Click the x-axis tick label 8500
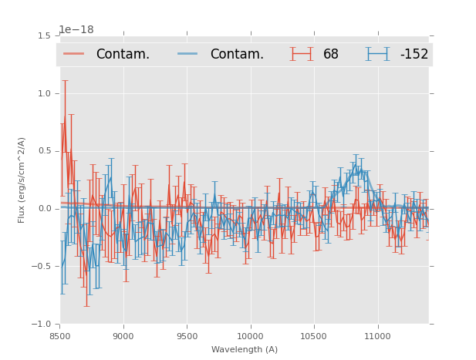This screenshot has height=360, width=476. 59,336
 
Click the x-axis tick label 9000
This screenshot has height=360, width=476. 123,336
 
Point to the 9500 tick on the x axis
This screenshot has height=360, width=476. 187,336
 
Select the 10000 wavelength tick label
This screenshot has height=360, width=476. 250,336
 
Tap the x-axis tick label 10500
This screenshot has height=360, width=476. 313,336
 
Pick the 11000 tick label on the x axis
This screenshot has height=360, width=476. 377,336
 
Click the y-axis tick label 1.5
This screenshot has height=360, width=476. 44,35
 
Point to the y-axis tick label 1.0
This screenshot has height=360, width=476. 44,93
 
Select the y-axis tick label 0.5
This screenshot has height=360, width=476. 44,151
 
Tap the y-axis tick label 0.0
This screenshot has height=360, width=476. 44,209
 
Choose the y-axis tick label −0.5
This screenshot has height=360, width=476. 42,267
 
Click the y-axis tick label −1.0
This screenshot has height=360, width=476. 42,325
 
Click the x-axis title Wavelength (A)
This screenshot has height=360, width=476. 245,349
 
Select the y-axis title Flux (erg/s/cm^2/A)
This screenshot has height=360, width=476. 22,180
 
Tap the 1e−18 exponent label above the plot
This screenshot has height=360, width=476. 76,30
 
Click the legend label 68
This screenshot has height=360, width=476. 331,55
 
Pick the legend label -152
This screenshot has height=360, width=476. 414,55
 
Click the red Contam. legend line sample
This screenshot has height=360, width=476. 74,54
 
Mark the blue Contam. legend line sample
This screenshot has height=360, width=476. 188,54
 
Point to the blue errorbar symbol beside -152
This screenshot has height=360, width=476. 378,54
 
